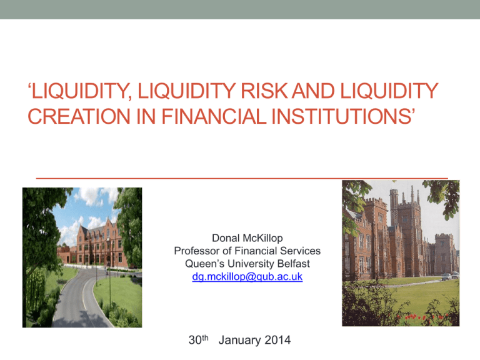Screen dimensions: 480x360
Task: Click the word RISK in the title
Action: point(264,91)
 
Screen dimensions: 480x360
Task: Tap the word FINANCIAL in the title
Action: point(214,116)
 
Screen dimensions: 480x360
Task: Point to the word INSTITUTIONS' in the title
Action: point(343,116)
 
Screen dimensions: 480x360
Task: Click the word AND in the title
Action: point(314,91)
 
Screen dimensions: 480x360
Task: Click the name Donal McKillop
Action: point(247,238)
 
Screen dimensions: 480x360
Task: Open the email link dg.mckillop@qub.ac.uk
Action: point(247,276)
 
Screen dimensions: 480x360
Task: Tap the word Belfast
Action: point(294,264)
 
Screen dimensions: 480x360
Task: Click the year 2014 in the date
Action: point(277,340)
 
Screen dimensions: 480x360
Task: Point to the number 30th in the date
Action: point(198,340)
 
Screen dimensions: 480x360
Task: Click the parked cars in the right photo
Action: point(450,276)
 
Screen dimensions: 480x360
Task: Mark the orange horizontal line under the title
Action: point(242,178)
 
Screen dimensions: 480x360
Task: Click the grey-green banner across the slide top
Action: point(240,9)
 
